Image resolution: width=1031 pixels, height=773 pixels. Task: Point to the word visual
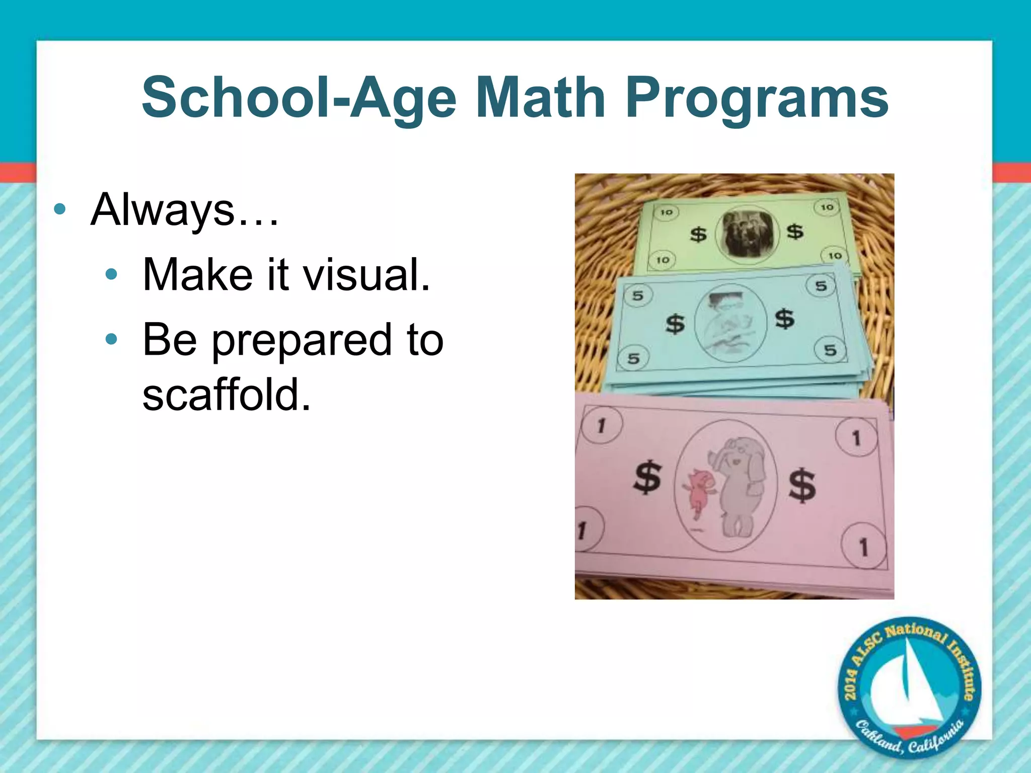[x=366, y=275]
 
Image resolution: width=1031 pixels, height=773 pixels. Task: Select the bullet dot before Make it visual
[x=111, y=275]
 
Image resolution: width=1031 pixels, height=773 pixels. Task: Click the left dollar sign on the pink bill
[x=647, y=477]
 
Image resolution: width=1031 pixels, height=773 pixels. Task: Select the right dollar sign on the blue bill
[x=784, y=319]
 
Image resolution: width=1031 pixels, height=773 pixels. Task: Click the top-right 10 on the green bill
[x=827, y=207]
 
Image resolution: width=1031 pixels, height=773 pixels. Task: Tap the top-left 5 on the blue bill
[x=638, y=295]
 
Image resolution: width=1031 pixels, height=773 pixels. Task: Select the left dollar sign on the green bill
[x=698, y=234]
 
